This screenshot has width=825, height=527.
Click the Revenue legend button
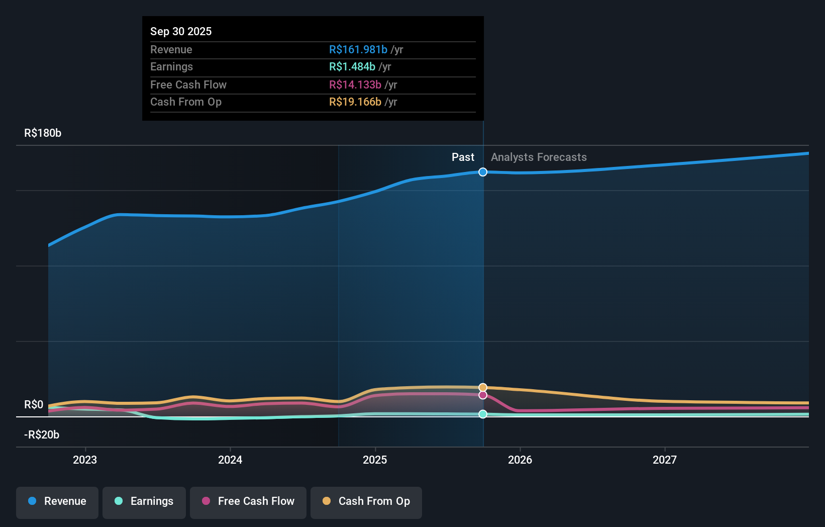[x=57, y=501]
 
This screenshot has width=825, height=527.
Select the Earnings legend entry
[x=144, y=501]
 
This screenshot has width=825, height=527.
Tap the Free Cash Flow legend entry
[x=248, y=501]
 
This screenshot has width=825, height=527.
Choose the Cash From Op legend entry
[x=366, y=501]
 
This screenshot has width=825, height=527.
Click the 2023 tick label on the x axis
[x=85, y=460]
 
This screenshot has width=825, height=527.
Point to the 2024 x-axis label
[x=230, y=460]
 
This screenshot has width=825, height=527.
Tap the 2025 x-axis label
[x=375, y=460]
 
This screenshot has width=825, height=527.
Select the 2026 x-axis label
[x=520, y=460]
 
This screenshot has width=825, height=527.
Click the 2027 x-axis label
[x=665, y=460]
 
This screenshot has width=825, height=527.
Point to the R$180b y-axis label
[x=43, y=133]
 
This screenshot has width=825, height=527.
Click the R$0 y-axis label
[x=34, y=405]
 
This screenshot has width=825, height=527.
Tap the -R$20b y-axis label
[x=42, y=435]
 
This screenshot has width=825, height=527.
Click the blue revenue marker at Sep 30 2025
[x=483, y=172]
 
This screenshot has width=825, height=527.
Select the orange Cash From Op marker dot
[x=483, y=387]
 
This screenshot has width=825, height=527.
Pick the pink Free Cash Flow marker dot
[x=483, y=395]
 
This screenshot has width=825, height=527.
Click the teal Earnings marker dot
[x=483, y=414]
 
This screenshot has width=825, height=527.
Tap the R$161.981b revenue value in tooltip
[x=358, y=50]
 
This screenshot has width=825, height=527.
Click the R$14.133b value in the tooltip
[x=355, y=85]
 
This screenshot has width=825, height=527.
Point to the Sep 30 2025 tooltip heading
[x=181, y=32]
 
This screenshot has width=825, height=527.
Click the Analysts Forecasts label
[x=539, y=157]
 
